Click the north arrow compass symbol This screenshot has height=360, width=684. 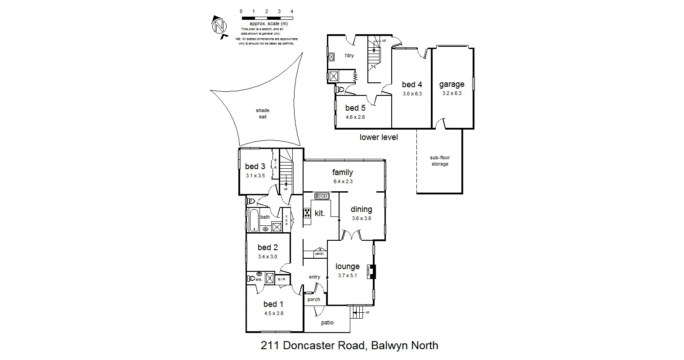[219, 26]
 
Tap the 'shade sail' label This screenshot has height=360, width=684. [263, 113]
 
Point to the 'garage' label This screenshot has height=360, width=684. [452, 84]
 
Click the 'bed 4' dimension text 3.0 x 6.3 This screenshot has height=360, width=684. [412, 94]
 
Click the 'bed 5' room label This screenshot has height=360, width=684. [355, 108]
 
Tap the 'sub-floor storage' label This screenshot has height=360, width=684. [440, 161]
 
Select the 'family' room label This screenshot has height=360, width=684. [343, 172]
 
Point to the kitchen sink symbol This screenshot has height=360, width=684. [322, 196]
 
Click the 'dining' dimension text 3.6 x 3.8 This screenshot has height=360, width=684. [362, 219]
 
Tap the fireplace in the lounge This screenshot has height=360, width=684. [371, 271]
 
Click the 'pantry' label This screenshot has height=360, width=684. [319, 254]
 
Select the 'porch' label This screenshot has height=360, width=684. [314, 299]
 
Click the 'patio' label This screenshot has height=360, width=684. [327, 323]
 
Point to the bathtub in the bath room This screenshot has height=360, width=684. [254, 220]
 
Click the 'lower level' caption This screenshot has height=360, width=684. [379, 137]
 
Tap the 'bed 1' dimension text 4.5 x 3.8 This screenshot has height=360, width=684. [273, 314]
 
